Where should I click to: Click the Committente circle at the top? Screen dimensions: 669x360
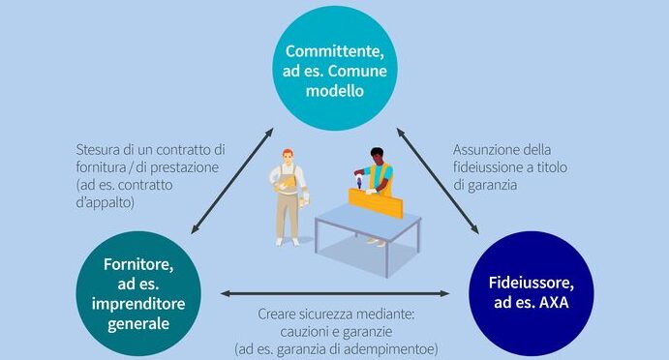coord(335,69)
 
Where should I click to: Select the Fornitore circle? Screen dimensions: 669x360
coord(138,293)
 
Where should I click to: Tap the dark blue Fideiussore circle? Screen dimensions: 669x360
coord(532,293)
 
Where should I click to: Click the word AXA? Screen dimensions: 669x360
coord(554,302)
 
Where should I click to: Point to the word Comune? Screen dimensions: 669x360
coord(357,71)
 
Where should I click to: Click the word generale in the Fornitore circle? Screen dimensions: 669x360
coord(138,324)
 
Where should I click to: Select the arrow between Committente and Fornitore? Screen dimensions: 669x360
coord(232,181)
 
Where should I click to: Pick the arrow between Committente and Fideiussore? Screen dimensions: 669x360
coord(438,181)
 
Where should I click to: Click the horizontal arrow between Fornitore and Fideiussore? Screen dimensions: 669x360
coord(335,293)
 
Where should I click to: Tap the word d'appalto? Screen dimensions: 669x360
coord(105,202)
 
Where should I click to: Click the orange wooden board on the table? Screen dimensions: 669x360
coord(376,203)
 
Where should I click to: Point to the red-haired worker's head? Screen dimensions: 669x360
coord(288,156)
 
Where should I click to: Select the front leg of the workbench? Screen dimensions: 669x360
coord(386,258)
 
